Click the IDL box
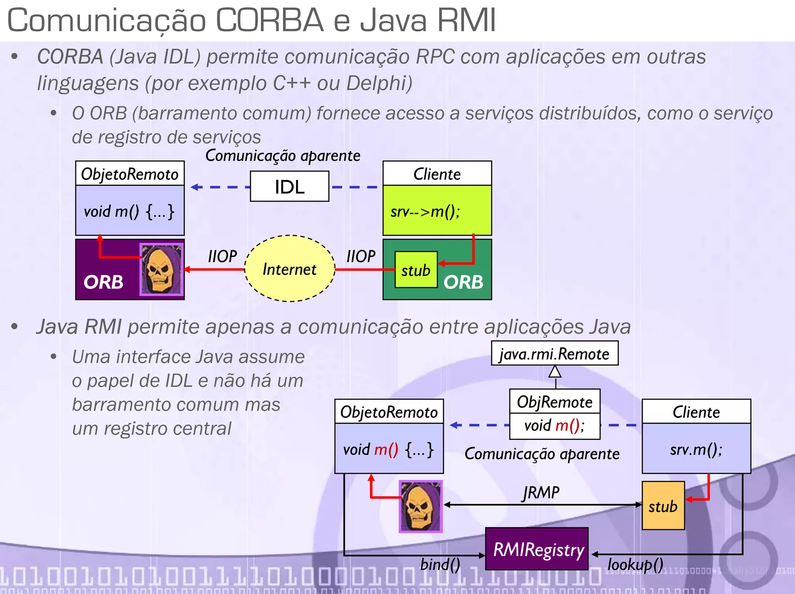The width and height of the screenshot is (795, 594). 289,187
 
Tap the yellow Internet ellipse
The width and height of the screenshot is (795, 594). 290,268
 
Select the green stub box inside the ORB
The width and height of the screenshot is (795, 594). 416,270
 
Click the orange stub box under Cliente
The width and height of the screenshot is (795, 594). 663,506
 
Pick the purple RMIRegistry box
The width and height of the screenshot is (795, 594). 537,549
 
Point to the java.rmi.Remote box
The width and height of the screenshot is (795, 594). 554,353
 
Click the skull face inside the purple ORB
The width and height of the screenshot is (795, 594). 161,269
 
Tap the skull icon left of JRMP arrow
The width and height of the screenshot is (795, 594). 420,506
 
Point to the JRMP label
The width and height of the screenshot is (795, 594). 541,493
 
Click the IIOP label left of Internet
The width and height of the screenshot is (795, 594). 222,256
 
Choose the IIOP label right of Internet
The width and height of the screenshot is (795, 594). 361,256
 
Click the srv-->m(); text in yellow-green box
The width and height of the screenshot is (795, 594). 425,212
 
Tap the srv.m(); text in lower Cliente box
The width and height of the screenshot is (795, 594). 696,449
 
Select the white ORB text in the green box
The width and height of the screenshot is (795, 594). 463,282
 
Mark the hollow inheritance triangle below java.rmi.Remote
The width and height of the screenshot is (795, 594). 555,372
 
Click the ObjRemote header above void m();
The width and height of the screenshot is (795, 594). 554,402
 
